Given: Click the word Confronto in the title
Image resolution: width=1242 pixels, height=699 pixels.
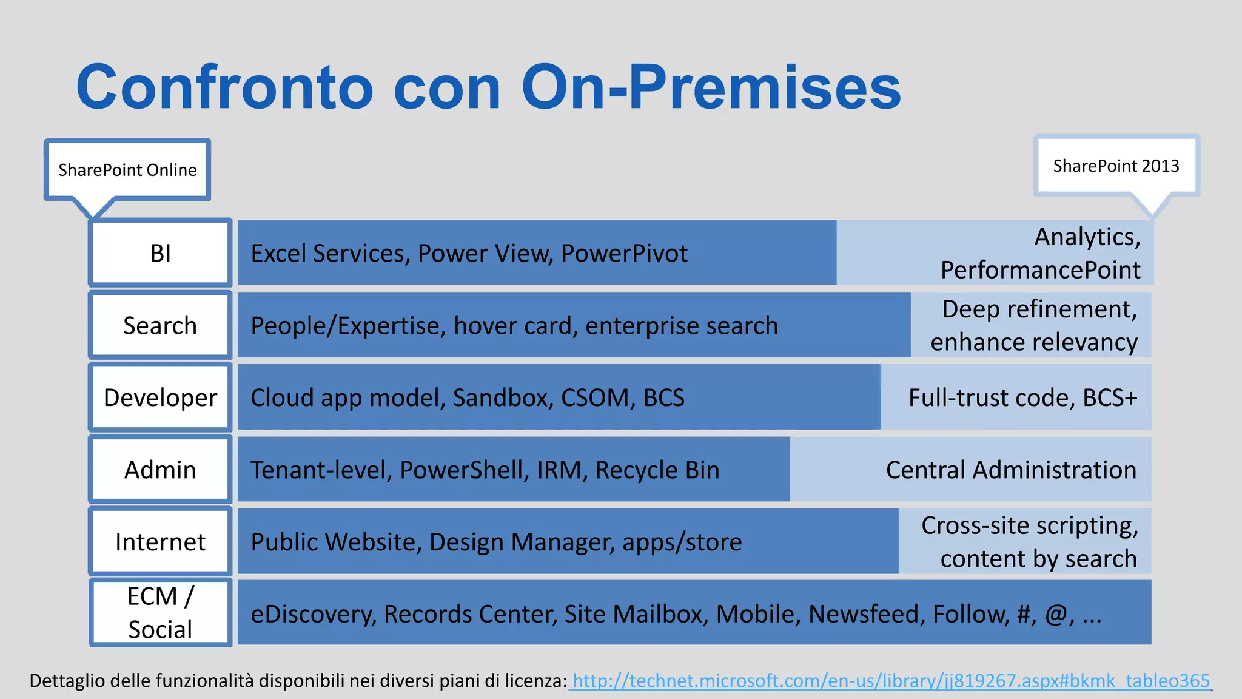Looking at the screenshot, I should (x=224, y=88).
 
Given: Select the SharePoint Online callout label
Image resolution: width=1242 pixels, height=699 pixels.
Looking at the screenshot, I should (x=127, y=170).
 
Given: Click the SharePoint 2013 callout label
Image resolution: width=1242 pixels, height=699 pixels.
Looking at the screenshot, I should (x=1116, y=166).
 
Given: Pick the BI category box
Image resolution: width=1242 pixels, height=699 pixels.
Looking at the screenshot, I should (x=161, y=253).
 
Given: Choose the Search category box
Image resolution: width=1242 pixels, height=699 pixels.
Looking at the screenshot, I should (x=161, y=325).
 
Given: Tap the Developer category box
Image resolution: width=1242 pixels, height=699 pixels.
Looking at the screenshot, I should (x=161, y=397).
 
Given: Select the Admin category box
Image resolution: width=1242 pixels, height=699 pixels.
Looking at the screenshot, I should (x=161, y=470).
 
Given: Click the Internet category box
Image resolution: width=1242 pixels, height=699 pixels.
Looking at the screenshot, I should (x=161, y=541).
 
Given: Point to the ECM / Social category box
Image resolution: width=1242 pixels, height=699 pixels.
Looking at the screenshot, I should (x=161, y=613).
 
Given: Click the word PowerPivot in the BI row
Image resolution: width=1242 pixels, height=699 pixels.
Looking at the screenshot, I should (x=624, y=253).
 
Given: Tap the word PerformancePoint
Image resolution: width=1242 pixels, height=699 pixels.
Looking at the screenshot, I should (x=1040, y=270).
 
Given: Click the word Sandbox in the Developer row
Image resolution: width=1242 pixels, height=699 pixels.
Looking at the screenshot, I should (x=502, y=397).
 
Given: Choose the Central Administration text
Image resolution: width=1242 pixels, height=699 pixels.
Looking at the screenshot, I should (x=1011, y=470).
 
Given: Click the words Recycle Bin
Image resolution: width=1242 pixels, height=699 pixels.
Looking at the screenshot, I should (x=657, y=470).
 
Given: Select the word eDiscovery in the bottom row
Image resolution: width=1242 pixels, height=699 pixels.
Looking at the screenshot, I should (x=313, y=613).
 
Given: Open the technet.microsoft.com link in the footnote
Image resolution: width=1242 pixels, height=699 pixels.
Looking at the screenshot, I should (x=891, y=681).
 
